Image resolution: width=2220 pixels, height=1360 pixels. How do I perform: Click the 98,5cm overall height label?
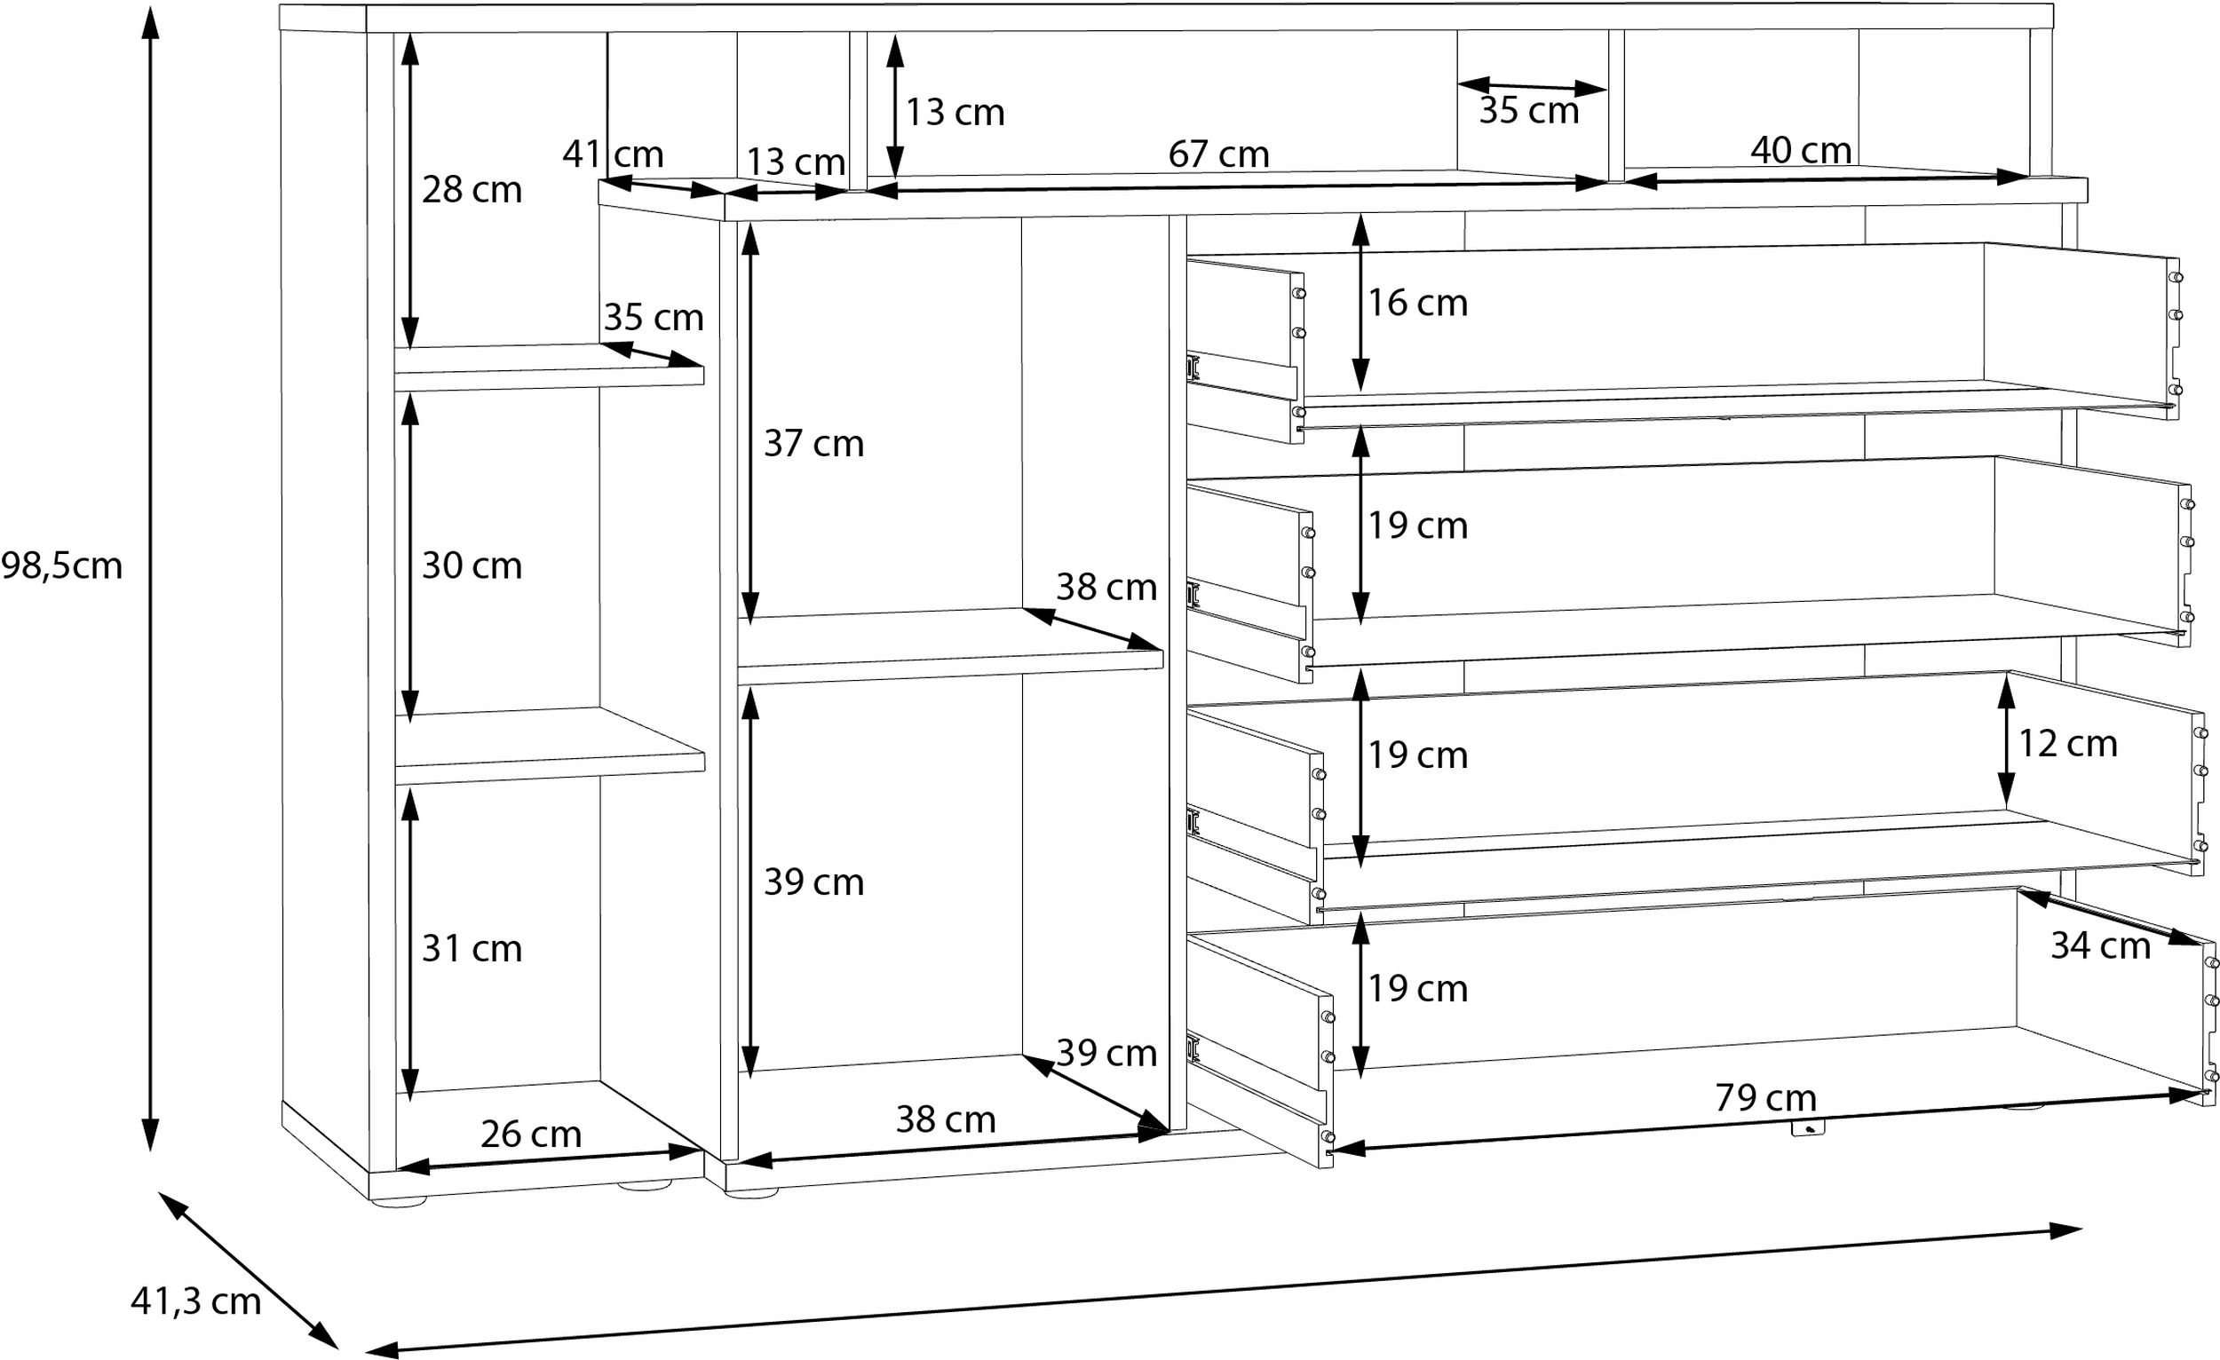click(61, 566)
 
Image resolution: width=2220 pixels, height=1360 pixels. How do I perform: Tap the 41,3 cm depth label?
click(195, 1301)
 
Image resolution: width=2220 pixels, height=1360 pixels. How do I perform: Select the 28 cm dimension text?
click(472, 190)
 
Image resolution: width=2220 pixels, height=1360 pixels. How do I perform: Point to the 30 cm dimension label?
click(472, 565)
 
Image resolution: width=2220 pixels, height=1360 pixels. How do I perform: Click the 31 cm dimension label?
click(472, 948)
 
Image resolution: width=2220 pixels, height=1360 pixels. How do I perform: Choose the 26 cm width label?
click(531, 1134)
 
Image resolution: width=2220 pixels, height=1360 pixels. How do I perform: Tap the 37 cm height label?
click(813, 443)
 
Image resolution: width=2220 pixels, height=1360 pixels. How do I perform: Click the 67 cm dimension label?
click(1218, 154)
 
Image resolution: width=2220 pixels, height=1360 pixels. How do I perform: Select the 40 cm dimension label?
click(1801, 149)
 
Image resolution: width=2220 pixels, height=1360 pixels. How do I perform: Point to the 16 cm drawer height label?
click(1418, 303)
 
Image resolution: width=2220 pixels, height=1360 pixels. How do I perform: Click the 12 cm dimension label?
click(2067, 743)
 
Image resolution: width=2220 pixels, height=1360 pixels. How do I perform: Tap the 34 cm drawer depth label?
click(2101, 945)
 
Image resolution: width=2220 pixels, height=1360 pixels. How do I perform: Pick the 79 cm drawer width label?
click(1766, 1097)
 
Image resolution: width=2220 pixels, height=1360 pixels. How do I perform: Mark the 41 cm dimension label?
click(613, 154)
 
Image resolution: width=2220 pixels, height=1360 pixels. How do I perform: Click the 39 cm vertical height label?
click(813, 882)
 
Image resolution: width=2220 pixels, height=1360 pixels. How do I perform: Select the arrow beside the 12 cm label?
click(2007, 740)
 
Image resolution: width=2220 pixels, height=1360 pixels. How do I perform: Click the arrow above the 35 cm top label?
click(1532, 86)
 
